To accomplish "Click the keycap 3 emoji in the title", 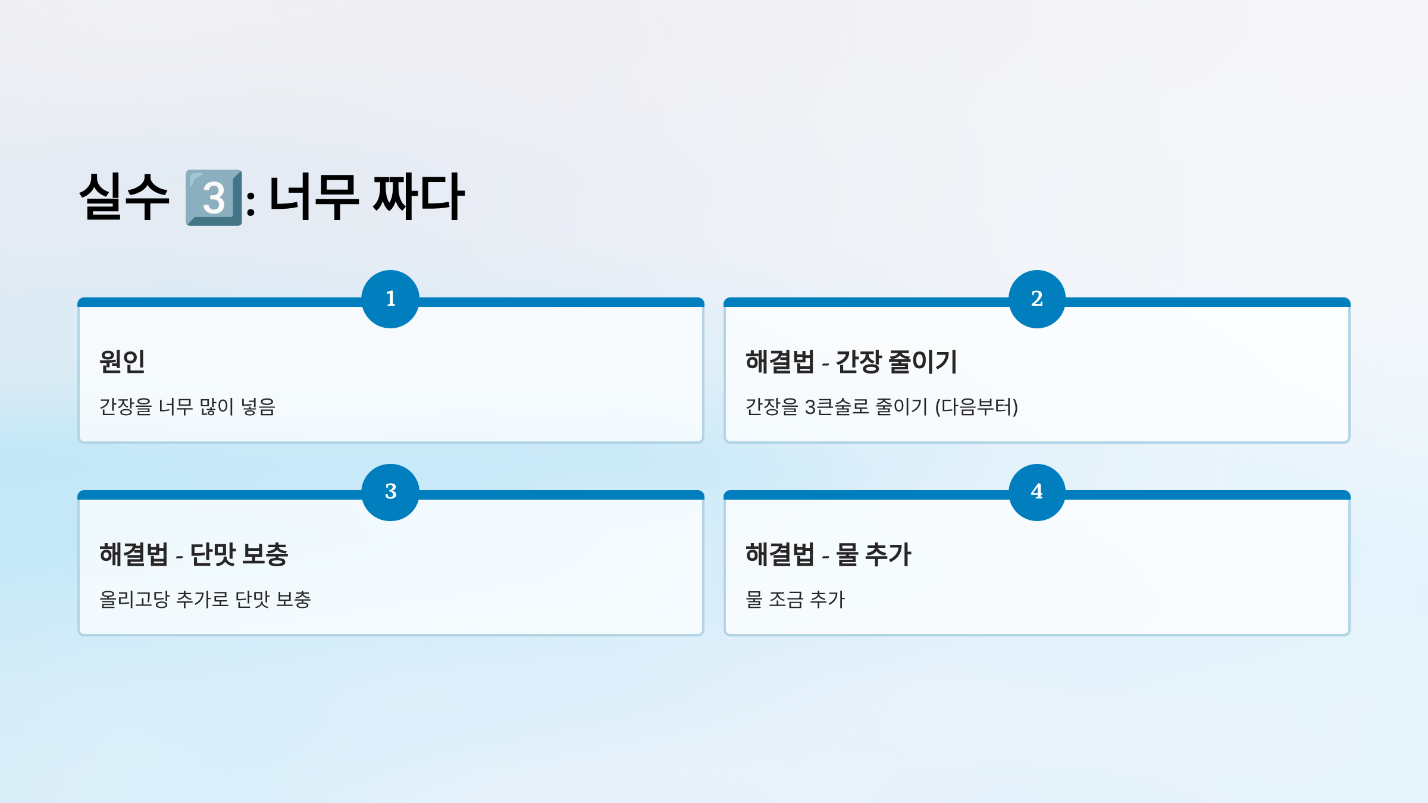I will click(214, 197).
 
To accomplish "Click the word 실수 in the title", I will click(124, 197).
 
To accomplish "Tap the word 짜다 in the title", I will click(418, 197).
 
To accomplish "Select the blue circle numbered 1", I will click(390, 299).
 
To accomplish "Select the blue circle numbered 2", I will click(1036, 299).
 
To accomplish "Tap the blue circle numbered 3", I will click(390, 492).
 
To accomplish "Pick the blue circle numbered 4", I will click(1036, 492).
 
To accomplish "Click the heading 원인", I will click(123, 362).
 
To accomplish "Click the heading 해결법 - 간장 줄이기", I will click(851, 362).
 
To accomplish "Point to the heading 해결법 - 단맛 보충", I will click(193, 554).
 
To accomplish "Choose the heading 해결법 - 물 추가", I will click(828, 554).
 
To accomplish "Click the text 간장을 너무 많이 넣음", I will click(187, 407).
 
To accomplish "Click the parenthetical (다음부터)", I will click(976, 407).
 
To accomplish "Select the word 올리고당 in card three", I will click(134, 600).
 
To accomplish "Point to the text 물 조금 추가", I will click(795, 600).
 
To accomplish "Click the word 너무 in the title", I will click(314, 197).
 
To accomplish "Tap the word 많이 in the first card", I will click(217, 407).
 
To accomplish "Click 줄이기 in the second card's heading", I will click(922, 362).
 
